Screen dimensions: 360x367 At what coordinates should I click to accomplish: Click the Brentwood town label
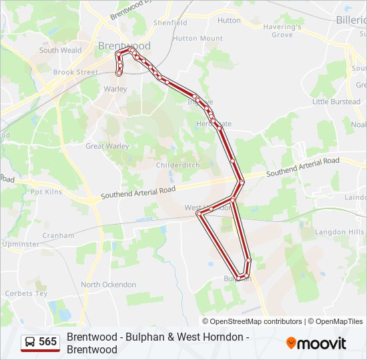124,46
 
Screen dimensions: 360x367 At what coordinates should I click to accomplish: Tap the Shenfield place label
170,23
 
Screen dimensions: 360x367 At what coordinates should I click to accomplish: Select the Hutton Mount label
198,39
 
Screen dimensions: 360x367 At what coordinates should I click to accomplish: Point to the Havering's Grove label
282,31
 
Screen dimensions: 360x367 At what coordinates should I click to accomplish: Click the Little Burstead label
336,102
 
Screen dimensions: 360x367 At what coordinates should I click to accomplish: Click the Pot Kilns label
47,192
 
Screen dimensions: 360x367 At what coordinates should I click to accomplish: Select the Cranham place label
58,235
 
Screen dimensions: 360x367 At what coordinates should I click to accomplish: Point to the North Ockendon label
108,285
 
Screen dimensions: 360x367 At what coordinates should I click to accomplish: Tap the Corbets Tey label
26,293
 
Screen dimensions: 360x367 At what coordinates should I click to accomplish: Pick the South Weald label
60,50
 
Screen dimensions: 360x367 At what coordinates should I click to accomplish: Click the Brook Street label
75,72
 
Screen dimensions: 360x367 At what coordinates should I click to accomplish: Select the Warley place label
115,89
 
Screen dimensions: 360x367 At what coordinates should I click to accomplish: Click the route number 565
48,342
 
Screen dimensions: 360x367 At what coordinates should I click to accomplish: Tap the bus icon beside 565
30,342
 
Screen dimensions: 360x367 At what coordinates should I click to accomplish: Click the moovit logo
316,343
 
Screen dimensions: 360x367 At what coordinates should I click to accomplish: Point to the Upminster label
20,244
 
